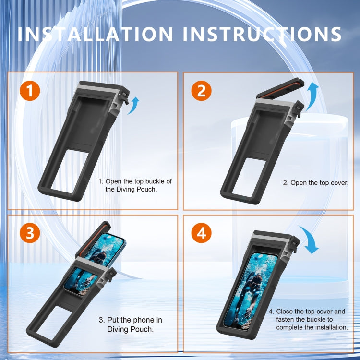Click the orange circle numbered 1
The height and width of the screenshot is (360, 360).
[30, 91]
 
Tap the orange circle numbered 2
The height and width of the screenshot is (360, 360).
[201, 91]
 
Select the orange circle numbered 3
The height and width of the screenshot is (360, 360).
[30, 233]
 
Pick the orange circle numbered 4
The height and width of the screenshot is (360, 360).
[201, 233]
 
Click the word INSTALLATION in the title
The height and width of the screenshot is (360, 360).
[96, 35]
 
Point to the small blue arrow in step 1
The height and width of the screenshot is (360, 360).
[134, 105]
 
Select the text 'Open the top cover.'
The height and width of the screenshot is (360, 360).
[315, 183]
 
